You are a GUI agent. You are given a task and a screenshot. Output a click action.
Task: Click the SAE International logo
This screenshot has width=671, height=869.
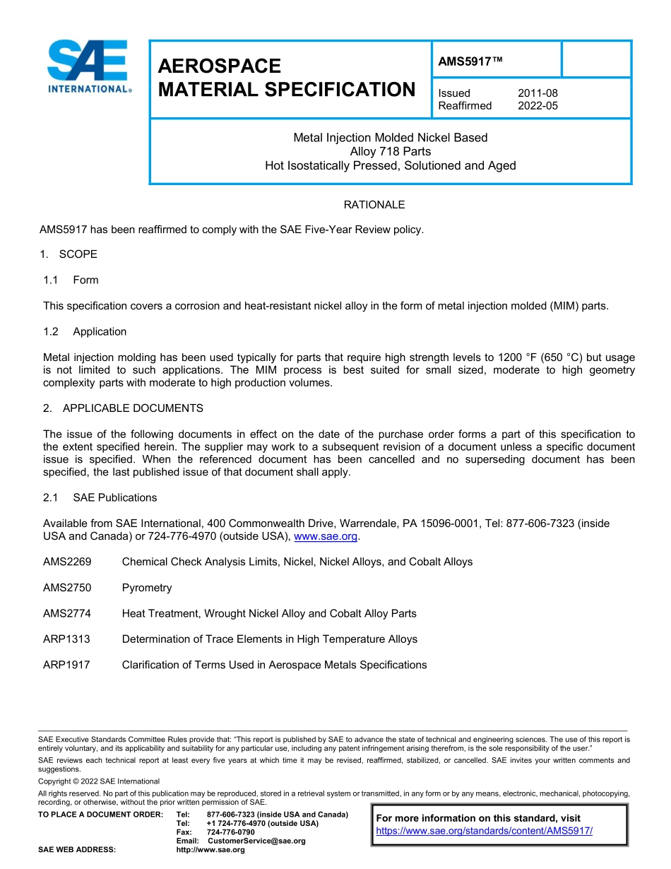pos(88,67)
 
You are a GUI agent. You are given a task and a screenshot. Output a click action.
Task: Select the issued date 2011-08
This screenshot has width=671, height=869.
pos(538,93)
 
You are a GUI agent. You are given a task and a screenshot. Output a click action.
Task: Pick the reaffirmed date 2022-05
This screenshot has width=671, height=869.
pos(538,106)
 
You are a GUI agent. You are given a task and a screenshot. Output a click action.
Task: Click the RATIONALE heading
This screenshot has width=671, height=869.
pos(374,205)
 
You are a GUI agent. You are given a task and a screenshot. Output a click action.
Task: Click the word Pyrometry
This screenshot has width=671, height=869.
pos(147,588)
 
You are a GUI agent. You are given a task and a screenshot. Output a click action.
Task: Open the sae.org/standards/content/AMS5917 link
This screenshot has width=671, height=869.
pos(484,831)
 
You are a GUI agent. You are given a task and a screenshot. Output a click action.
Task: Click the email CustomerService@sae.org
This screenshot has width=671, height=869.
pos(256,841)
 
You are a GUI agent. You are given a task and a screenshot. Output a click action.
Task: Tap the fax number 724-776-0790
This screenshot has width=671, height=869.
pos(230,832)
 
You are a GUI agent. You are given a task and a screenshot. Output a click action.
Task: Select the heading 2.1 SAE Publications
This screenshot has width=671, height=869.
pos(100,498)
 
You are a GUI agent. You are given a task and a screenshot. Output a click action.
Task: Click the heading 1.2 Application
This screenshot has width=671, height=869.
pos(85,332)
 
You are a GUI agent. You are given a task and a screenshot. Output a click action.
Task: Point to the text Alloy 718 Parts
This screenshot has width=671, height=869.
pos(390,152)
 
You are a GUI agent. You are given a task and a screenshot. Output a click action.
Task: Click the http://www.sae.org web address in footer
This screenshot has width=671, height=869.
pos(210,850)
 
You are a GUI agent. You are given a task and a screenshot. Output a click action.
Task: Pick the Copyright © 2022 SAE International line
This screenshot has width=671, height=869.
pos(99,781)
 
